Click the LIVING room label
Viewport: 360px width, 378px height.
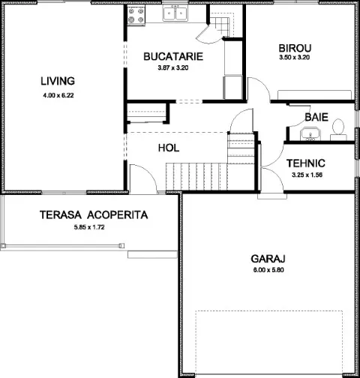[x=58, y=81]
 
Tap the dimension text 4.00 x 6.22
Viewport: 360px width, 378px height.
[x=58, y=95]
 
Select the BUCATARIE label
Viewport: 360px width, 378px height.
[x=173, y=56]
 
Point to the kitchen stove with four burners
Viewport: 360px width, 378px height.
[x=136, y=16]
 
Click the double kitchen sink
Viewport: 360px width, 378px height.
[x=175, y=13]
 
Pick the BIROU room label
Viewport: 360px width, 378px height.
[x=295, y=48]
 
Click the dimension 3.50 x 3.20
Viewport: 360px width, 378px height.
[x=295, y=57]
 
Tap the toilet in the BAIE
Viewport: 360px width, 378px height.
[x=338, y=130]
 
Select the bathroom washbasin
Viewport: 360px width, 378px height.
[x=310, y=133]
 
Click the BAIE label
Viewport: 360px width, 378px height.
[x=316, y=117]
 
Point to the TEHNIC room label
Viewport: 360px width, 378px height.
[x=306, y=163]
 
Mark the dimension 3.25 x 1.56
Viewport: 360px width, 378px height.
[x=307, y=175]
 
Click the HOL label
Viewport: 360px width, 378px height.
[x=169, y=148]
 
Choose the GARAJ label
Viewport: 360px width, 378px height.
[x=268, y=259]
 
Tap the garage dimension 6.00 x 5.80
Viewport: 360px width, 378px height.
[x=268, y=270]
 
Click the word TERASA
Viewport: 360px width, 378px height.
[x=61, y=215]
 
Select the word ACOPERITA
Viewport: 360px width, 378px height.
[x=118, y=215]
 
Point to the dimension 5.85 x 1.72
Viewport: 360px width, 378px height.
[x=89, y=227]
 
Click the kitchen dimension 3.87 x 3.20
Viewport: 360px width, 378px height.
[x=173, y=67]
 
